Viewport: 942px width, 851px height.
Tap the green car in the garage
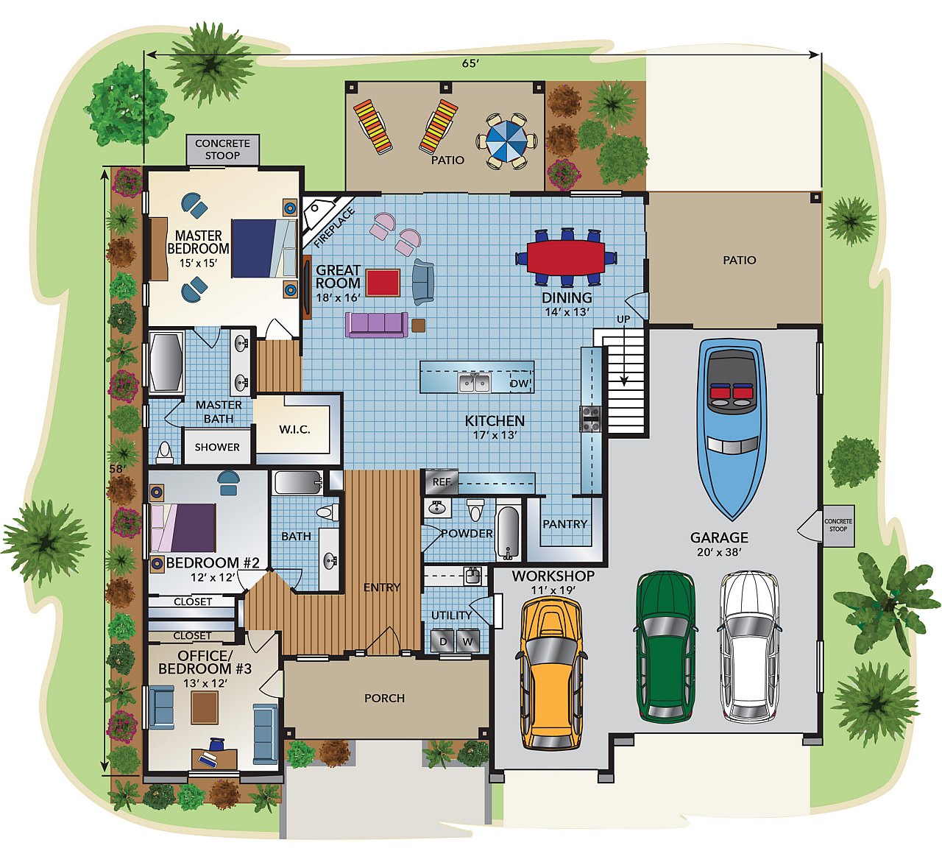coord(665,648)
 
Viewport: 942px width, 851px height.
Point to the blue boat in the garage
coord(732,429)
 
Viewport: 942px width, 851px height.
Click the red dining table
coord(566,257)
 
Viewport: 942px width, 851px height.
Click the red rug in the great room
coord(383,283)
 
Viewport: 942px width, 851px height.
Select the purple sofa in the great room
coord(377,324)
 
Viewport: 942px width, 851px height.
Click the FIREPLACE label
coord(333,228)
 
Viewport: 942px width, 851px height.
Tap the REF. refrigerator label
coord(442,481)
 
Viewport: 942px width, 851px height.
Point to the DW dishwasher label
coord(520,384)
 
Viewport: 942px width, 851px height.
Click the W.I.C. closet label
coord(294,429)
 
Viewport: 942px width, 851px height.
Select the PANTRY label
coord(565,523)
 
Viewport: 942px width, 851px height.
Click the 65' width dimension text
coord(470,63)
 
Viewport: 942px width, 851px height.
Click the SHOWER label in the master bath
coord(217,447)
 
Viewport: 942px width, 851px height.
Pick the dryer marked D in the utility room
coord(443,641)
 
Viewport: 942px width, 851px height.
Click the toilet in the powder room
coord(475,509)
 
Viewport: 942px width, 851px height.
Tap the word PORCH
coord(385,698)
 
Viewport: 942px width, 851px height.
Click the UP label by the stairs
coord(623,319)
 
